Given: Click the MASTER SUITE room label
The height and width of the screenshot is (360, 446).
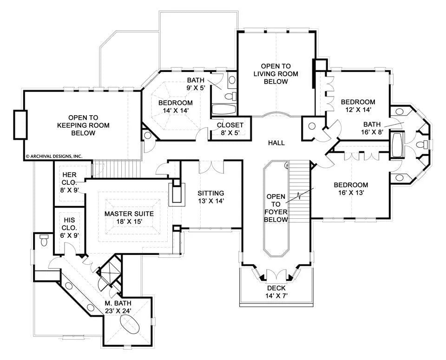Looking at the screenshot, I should coord(129,217).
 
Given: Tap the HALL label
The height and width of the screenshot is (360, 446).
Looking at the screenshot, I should coord(276,143).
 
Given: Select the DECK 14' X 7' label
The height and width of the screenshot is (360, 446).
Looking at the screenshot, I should coord(276,292).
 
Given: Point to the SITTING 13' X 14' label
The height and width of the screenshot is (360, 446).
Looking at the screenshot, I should coord(210,197).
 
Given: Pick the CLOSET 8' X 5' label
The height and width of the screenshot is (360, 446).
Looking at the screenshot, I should coord(230,129).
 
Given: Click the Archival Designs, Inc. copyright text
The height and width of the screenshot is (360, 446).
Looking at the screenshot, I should coord(53,157).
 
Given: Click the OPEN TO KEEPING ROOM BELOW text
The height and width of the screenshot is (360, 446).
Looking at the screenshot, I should coord(83,125).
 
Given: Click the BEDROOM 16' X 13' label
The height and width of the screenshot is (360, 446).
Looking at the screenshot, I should coord(351,189).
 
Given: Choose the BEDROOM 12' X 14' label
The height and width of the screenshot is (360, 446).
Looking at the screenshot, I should coord(358,106).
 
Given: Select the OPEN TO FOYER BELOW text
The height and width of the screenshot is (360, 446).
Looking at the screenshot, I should coord(276,208).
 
